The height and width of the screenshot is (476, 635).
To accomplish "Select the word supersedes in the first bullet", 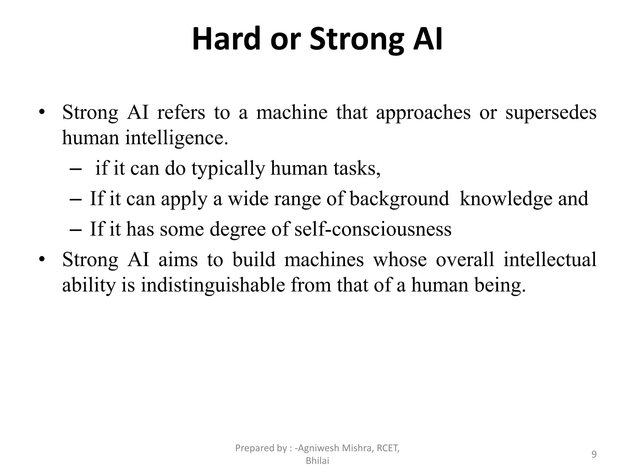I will click(x=551, y=113).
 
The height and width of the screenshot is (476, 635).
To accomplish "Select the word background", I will click(x=399, y=199).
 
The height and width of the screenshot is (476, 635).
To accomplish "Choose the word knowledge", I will click(x=506, y=199).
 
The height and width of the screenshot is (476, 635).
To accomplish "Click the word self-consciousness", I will click(x=373, y=229).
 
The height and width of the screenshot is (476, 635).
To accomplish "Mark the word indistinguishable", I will click(x=213, y=285).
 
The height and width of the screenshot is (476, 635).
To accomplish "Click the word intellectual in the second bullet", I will click(x=550, y=260).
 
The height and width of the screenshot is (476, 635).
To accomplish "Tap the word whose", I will click(x=400, y=260).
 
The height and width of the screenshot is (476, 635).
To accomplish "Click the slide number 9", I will click(x=594, y=455).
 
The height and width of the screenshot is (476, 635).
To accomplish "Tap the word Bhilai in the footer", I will click(x=317, y=461).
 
